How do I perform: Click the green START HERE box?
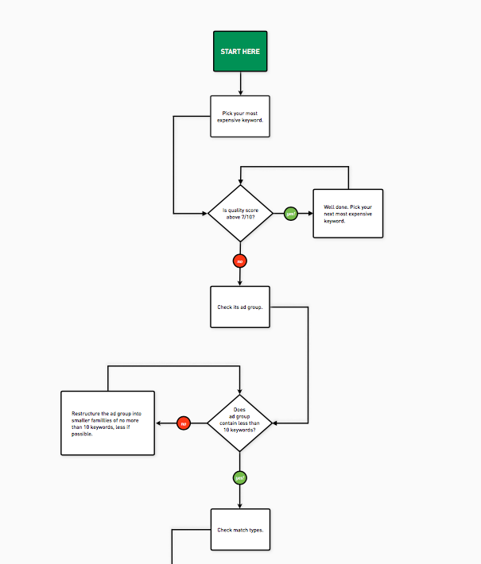[x=240, y=52]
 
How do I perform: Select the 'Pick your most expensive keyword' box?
[x=240, y=117]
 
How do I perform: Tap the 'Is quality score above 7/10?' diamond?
[x=240, y=214]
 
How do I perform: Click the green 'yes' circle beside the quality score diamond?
[x=291, y=214]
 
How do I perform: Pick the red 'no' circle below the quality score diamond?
[x=240, y=261]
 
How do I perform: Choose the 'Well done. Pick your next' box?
[x=347, y=214]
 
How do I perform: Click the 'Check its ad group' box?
[x=240, y=307]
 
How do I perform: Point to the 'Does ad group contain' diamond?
[x=239, y=423]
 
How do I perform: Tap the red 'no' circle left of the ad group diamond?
[x=184, y=423]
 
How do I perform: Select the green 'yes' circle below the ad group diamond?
[x=239, y=477]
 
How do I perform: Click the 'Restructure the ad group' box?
[x=107, y=423]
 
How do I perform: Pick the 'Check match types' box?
[x=240, y=530]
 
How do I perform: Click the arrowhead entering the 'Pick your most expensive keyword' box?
[x=240, y=93]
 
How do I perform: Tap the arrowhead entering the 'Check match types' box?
[x=239, y=505]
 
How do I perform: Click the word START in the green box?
[x=231, y=52]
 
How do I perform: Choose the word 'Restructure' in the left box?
[x=84, y=414]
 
